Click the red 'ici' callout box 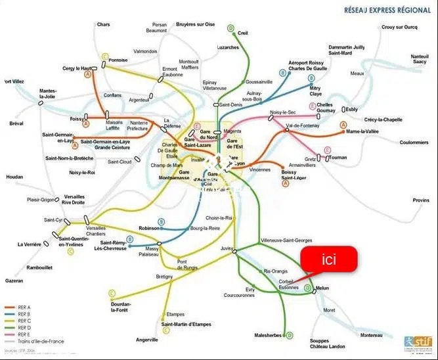(x=329, y=259)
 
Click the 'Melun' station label (x=322, y=288)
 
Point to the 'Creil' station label (x=242, y=32)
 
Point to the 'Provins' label (x=421, y=200)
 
